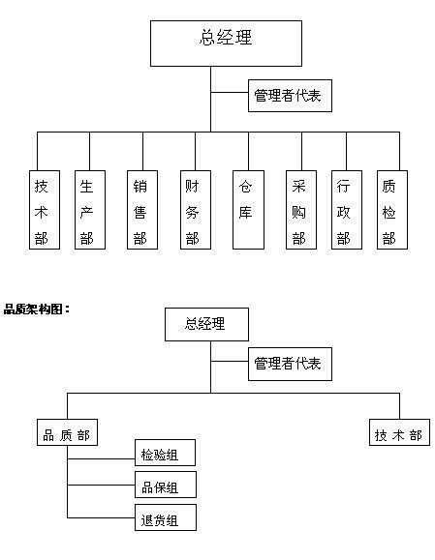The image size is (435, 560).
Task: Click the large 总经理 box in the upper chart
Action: [226, 44]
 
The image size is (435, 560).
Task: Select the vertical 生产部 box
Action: [90, 210]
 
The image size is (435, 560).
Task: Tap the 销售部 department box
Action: [142, 210]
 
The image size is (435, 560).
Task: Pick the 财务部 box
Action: [196, 210]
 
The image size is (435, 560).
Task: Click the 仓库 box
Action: [248, 210]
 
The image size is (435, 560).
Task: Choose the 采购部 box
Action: [301, 210]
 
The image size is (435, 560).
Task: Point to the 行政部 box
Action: [347, 210]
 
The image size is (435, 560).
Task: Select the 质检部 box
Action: [392, 210]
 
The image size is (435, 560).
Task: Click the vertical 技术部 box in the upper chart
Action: [45, 210]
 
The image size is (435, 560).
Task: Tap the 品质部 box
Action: [67, 432]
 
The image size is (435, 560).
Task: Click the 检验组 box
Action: [165, 453]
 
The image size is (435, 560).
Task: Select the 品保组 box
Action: [166, 485]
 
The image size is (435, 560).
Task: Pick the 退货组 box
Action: [166, 517]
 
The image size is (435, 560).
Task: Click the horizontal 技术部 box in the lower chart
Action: [399, 432]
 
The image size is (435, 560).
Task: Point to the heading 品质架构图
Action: [37, 309]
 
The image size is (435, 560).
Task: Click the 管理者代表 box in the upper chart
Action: [290, 96]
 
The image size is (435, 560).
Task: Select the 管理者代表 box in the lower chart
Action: [290, 364]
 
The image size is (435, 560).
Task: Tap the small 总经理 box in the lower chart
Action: [206, 324]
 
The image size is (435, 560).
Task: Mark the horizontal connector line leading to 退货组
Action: [101, 517]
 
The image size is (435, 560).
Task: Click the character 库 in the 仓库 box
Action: [245, 212]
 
